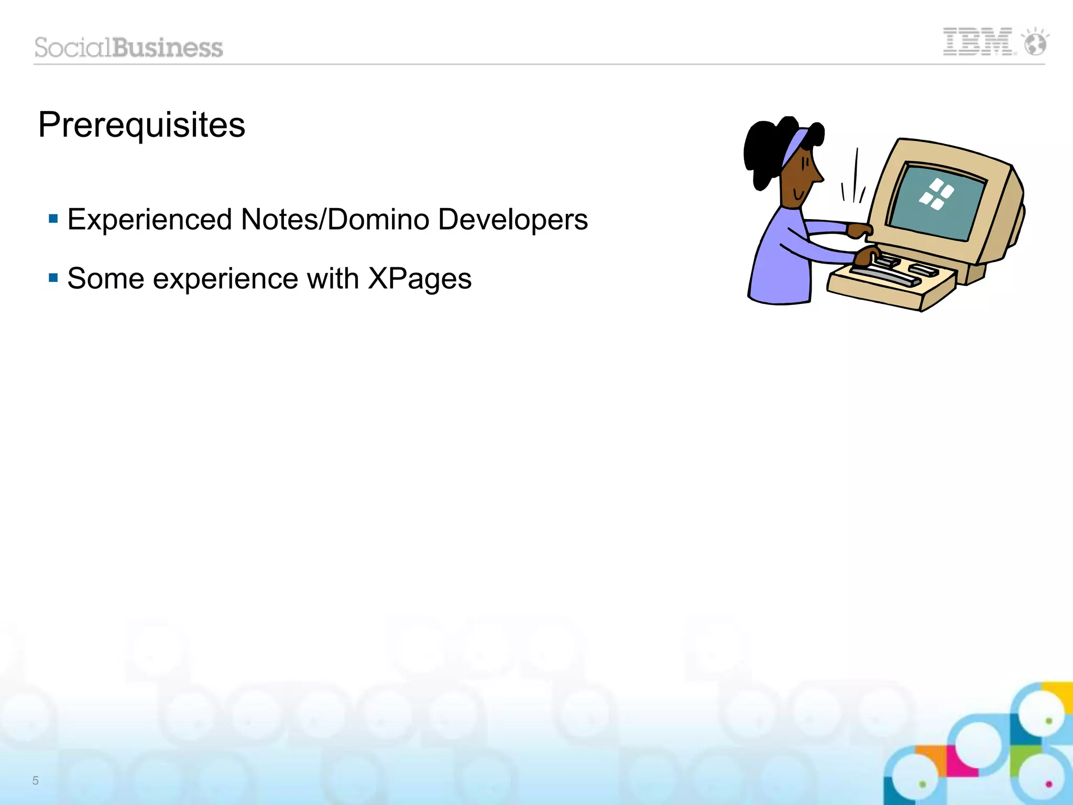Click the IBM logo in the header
pyautogui.click(x=978, y=42)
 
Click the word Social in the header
pyautogui.click(x=73, y=48)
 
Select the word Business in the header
pyautogui.click(x=168, y=48)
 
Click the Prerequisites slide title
pyautogui.click(x=141, y=125)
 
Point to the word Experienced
pyautogui.click(x=150, y=220)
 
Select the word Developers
pyautogui.click(x=513, y=220)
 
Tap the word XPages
pyautogui.click(x=419, y=279)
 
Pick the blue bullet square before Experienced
pyautogui.click(x=53, y=218)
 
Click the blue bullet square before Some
pyautogui.click(x=53, y=277)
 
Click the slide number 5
pyautogui.click(x=35, y=780)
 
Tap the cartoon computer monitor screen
pyautogui.click(x=938, y=202)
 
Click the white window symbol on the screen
pyautogui.click(x=936, y=194)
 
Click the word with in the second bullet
pyautogui.click(x=333, y=278)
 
